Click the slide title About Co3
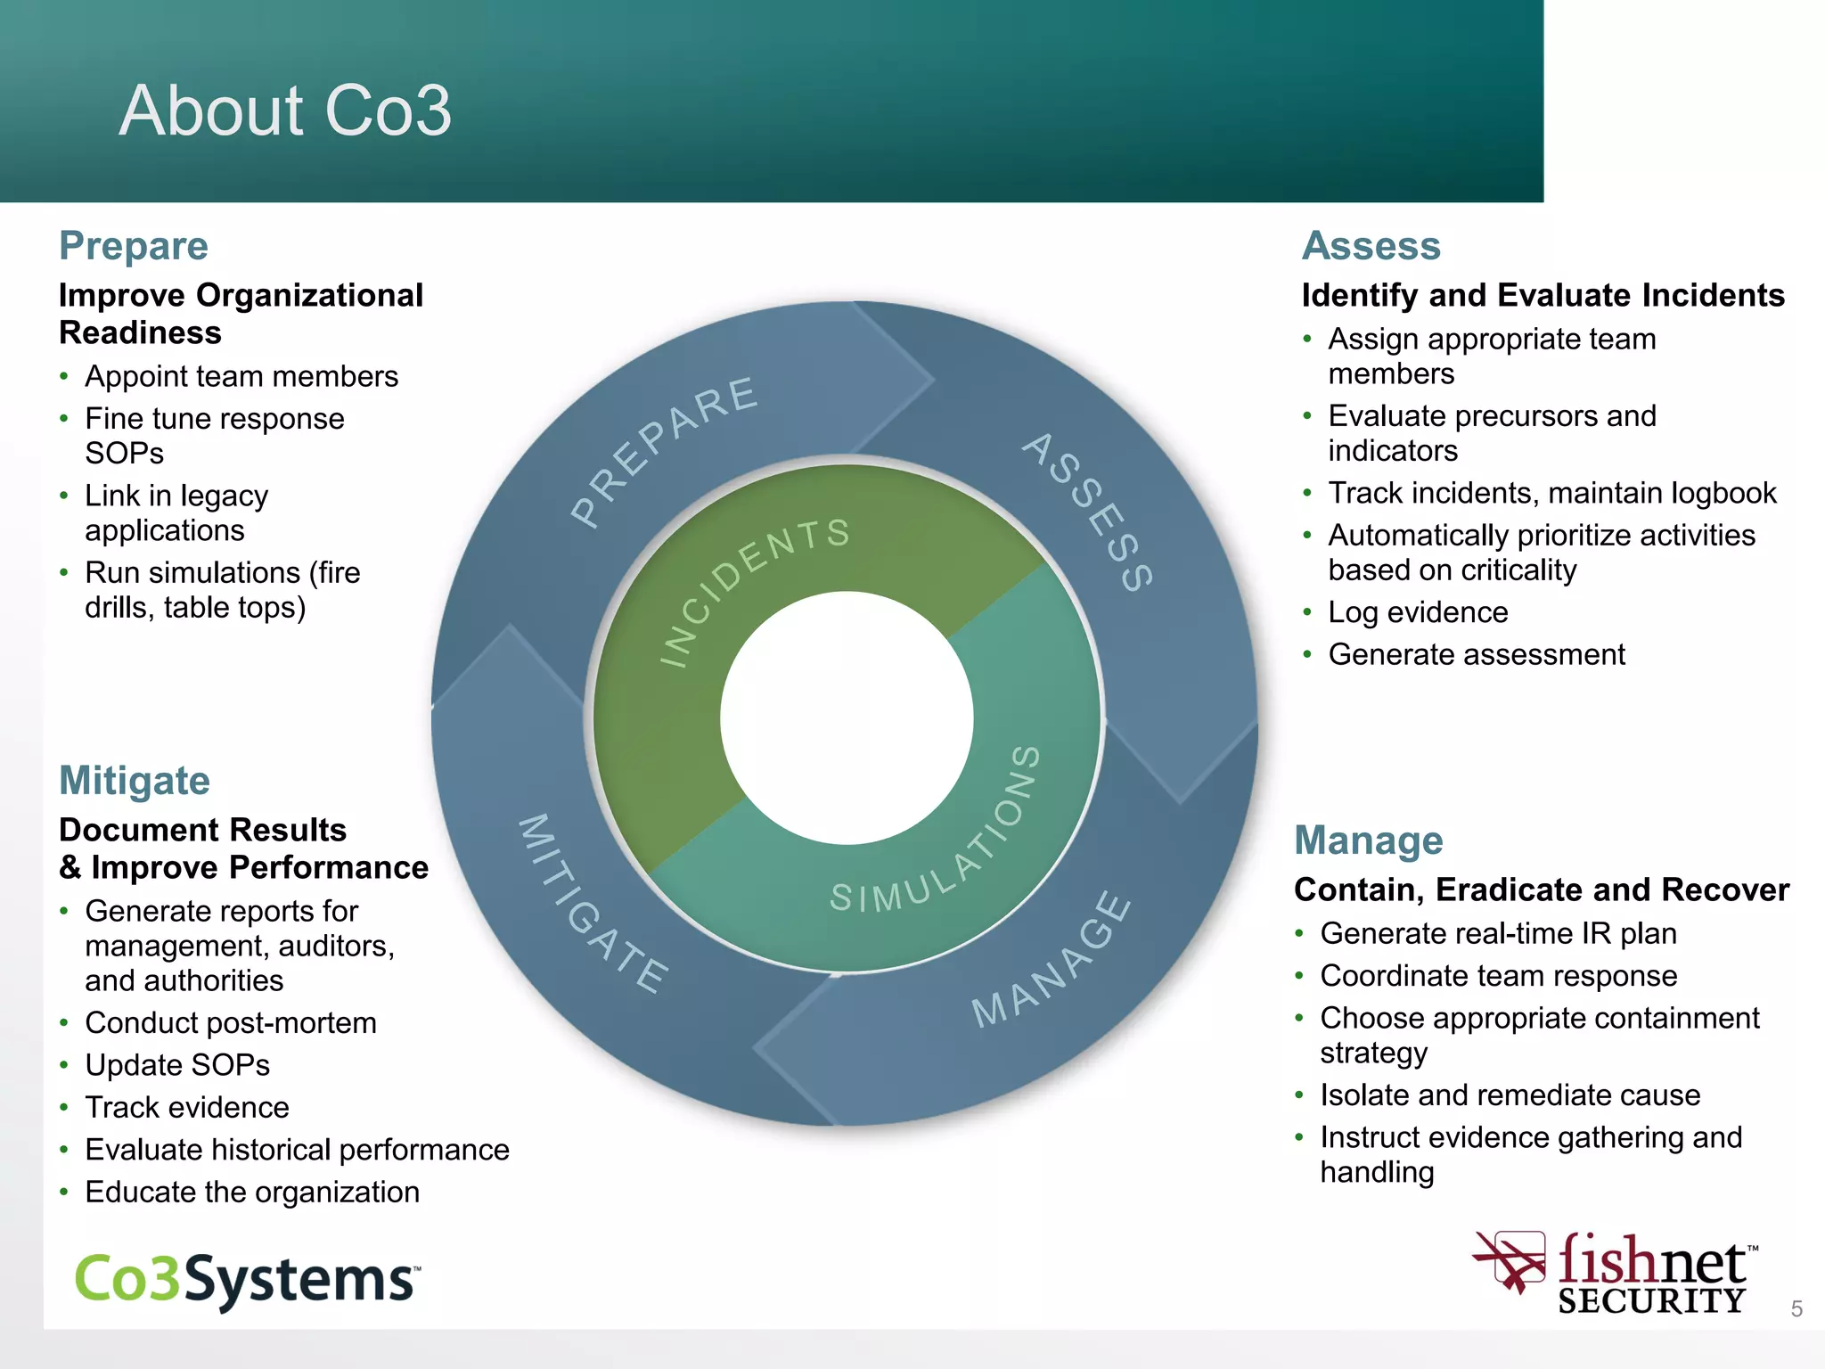(285, 111)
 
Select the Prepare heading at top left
(134, 246)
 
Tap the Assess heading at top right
(1371, 246)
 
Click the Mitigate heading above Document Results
(135, 781)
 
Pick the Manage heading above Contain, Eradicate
(1368, 840)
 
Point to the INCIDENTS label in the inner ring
(753, 588)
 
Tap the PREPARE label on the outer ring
(664, 450)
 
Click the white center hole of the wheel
(847, 718)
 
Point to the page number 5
(1796, 1308)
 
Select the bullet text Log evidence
(1418, 612)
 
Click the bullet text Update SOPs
(177, 1065)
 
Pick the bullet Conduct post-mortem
(231, 1023)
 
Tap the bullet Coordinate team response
(1498, 976)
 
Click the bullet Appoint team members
(241, 377)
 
